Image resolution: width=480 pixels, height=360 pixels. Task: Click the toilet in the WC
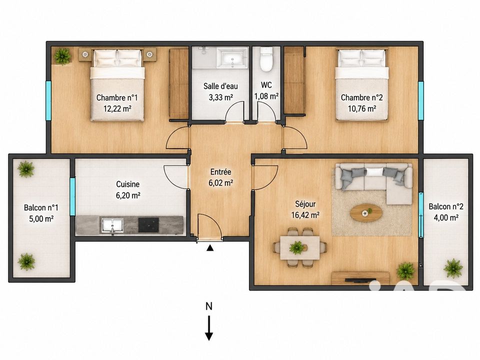click(266, 59)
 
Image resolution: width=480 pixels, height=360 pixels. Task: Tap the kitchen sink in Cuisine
click(112, 225)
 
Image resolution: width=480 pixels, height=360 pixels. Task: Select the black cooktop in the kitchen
click(148, 225)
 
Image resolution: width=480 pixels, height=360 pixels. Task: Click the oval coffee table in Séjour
click(366, 212)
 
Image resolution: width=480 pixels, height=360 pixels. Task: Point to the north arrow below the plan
click(209, 328)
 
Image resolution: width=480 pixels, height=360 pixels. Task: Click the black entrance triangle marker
click(210, 247)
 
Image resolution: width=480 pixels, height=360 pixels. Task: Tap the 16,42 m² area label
click(305, 215)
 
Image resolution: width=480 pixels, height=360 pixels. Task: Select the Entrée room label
click(220, 171)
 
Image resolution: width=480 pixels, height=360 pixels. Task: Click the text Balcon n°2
click(445, 206)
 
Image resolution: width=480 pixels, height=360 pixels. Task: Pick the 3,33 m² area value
click(220, 97)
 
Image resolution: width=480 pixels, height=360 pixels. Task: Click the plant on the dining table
click(296, 247)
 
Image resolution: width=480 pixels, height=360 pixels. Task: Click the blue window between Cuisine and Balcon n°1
click(72, 196)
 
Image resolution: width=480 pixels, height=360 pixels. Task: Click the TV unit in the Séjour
click(360, 278)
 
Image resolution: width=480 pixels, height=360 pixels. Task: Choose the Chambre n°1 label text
click(117, 97)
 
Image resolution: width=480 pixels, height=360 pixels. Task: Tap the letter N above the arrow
click(209, 306)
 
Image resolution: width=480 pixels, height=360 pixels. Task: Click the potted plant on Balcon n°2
click(453, 268)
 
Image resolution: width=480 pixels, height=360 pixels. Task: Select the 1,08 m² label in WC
click(266, 96)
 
